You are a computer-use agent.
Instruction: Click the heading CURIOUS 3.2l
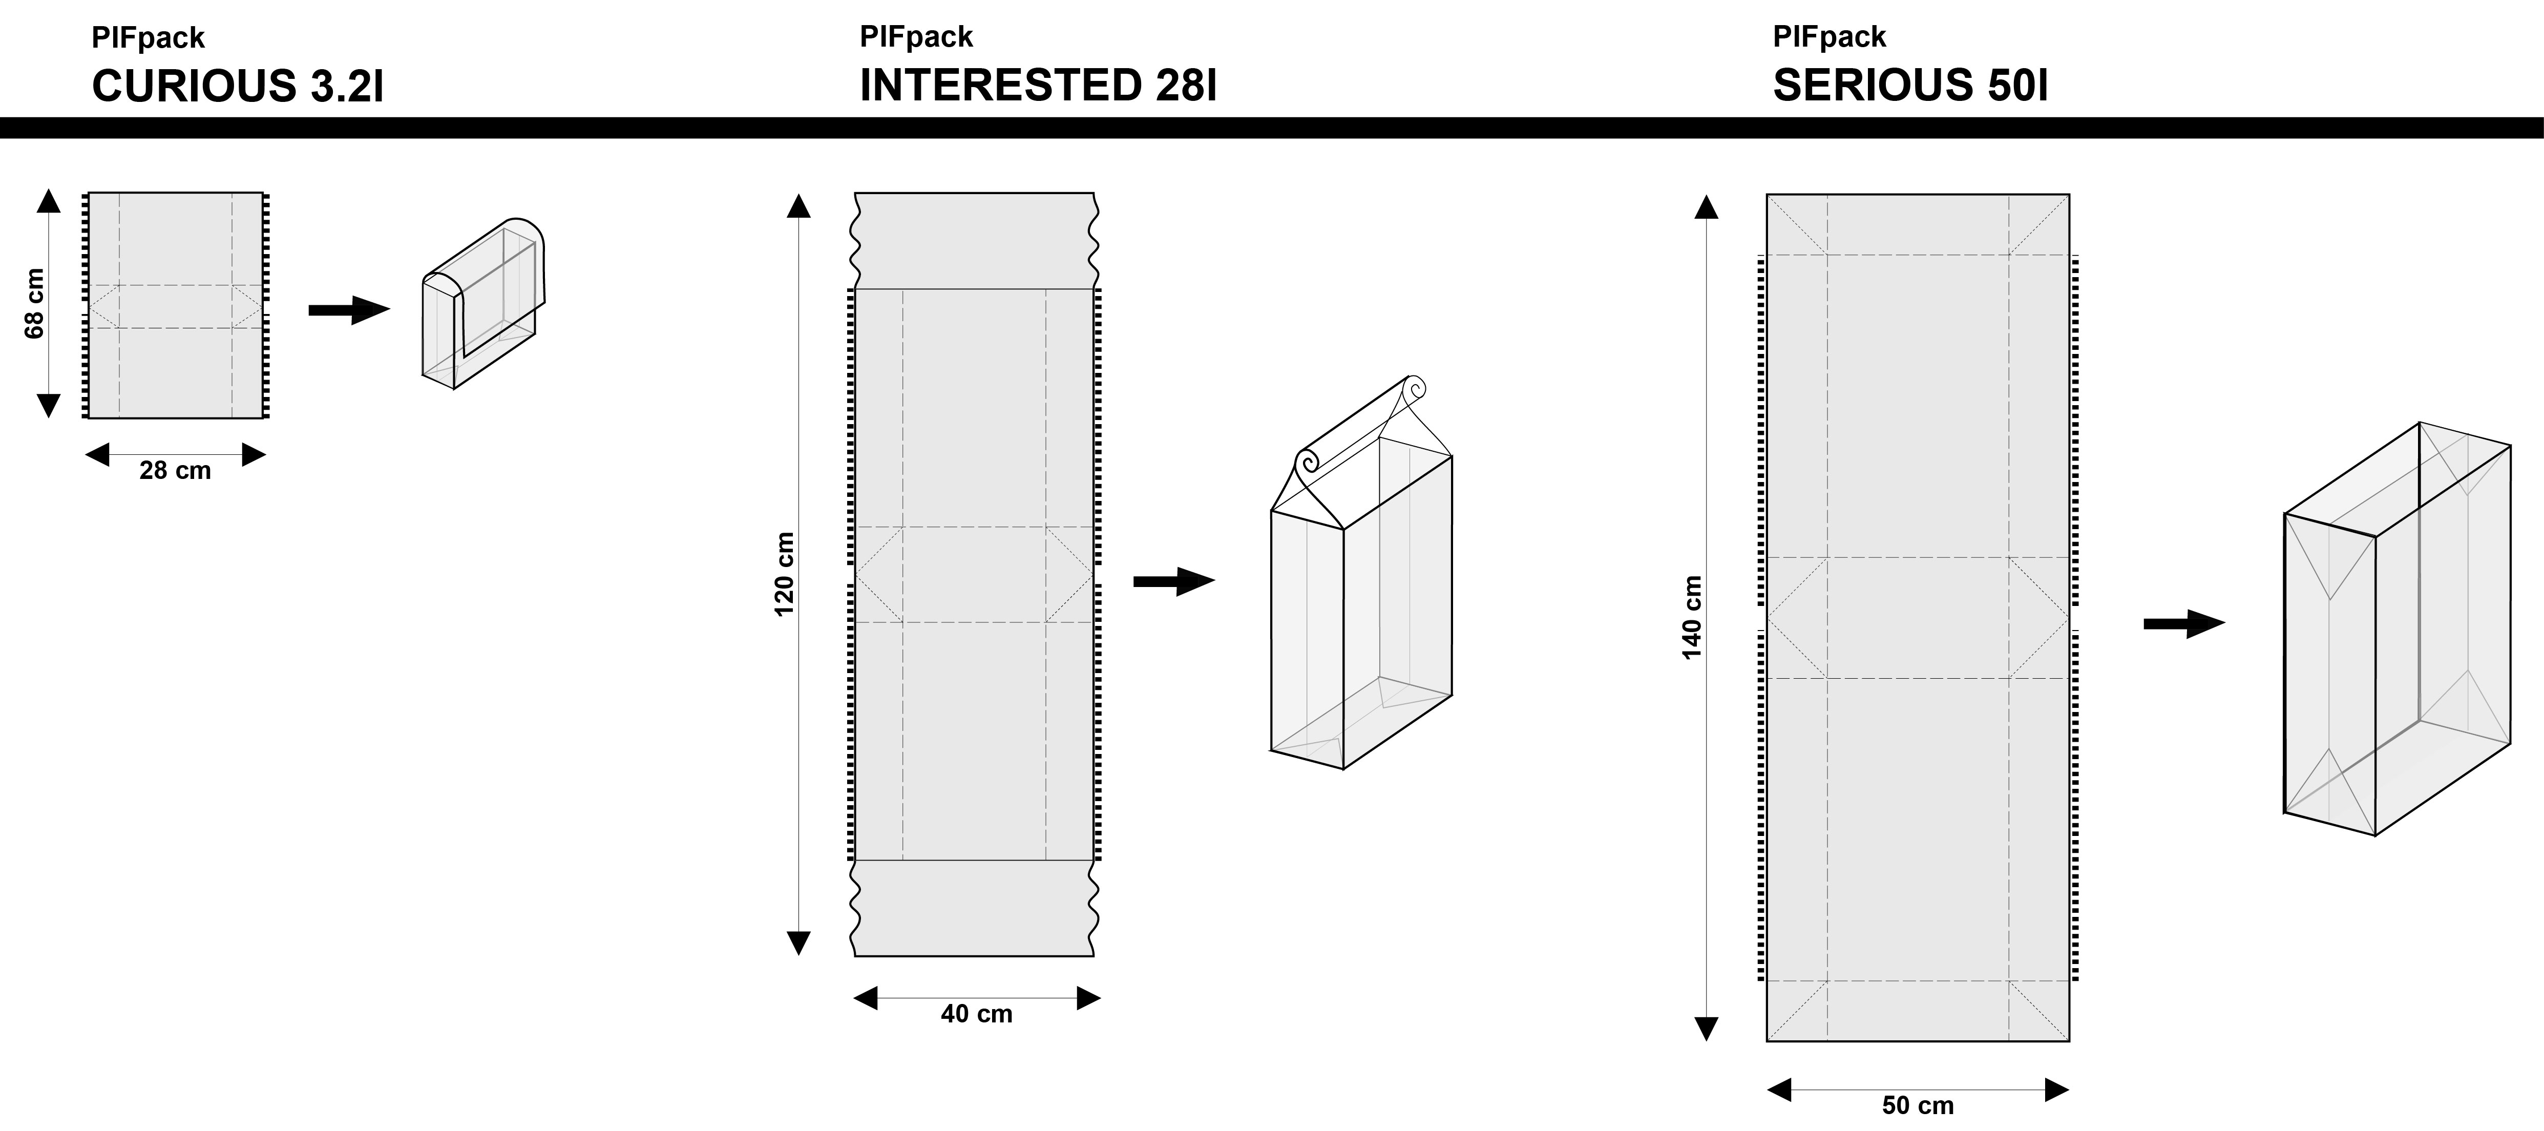coord(237,86)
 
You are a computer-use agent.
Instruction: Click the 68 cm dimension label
coord(34,303)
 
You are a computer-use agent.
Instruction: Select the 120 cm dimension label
coord(784,574)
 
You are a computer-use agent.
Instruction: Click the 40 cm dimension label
coord(977,1014)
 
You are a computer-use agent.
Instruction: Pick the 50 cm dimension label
coord(1918,1105)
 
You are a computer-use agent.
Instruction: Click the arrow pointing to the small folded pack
coord(350,310)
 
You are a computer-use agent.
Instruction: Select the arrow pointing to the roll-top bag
coord(1174,582)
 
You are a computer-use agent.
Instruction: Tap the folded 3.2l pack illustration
coord(483,303)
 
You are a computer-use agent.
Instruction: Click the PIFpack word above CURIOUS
coord(148,37)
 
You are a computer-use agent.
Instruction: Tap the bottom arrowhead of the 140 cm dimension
coord(1707,1029)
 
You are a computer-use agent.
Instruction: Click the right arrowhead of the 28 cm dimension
coord(254,454)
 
